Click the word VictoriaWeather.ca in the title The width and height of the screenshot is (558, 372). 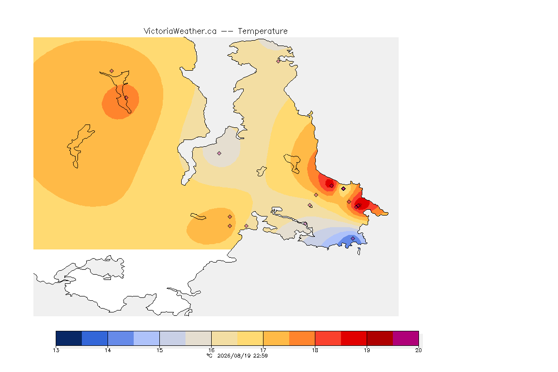tap(180, 31)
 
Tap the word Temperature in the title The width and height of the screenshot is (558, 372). tap(263, 31)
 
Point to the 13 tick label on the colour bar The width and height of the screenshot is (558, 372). tap(56, 350)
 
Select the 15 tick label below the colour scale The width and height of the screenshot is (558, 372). tap(160, 350)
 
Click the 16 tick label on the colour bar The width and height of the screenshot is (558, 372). tap(211, 350)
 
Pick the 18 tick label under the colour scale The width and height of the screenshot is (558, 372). tap(315, 350)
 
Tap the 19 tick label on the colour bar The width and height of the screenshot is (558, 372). tap(367, 350)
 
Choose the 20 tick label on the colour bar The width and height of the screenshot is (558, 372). tap(418, 350)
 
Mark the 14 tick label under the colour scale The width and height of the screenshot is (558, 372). tap(108, 350)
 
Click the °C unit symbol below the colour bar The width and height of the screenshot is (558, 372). tap(210, 356)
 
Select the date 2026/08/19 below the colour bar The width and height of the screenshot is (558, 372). tap(234, 356)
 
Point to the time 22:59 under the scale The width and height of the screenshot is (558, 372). tap(261, 356)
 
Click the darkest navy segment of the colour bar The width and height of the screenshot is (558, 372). tap(69, 338)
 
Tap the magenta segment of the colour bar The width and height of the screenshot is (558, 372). tap(406, 338)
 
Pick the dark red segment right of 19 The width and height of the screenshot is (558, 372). tap(380, 338)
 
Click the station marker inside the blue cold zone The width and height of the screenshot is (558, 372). tap(353, 238)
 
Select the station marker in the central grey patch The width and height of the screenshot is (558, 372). tap(219, 154)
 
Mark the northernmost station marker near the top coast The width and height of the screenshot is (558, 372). tap(279, 61)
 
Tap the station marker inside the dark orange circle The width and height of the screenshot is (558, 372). tap(126, 97)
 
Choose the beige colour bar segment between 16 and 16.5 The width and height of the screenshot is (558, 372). tap(225, 338)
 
